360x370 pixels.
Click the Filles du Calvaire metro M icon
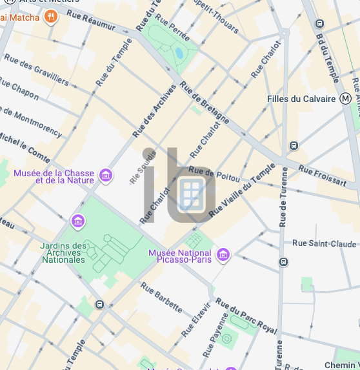[x=346, y=99]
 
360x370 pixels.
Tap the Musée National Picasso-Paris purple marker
[x=223, y=256]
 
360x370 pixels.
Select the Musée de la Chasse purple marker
[x=106, y=175]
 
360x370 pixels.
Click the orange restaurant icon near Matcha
[x=51, y=17]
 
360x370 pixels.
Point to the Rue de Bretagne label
[x=205, y=103]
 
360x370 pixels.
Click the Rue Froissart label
[x=322, y=175]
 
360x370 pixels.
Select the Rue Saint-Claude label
[x=324, y=243]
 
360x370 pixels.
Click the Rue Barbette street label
[x=161, y=300]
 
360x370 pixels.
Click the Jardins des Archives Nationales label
[x=63, y=252]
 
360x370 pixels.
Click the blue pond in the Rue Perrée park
[x=179, y=52]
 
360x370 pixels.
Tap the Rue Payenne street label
[x=214, y=336]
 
